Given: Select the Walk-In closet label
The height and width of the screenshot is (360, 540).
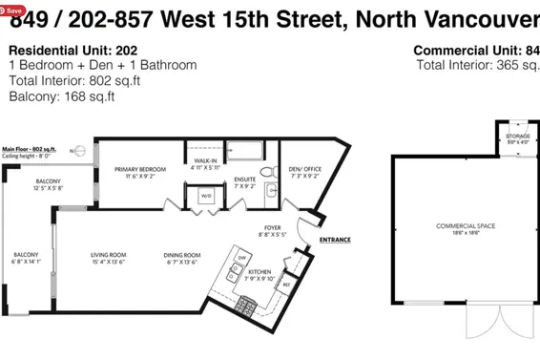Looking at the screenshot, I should [x=204, y=164].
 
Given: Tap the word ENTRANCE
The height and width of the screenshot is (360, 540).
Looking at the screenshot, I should [x=335, y=240].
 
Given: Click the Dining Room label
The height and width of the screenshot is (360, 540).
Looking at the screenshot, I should [x=181, y=257].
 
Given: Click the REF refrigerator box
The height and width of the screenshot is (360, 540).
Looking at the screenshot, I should [x=286, y=283].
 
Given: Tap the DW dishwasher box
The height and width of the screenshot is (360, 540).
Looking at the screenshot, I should [x=242, y=259].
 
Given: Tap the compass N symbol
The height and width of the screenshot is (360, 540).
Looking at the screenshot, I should [x=73, y=150].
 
